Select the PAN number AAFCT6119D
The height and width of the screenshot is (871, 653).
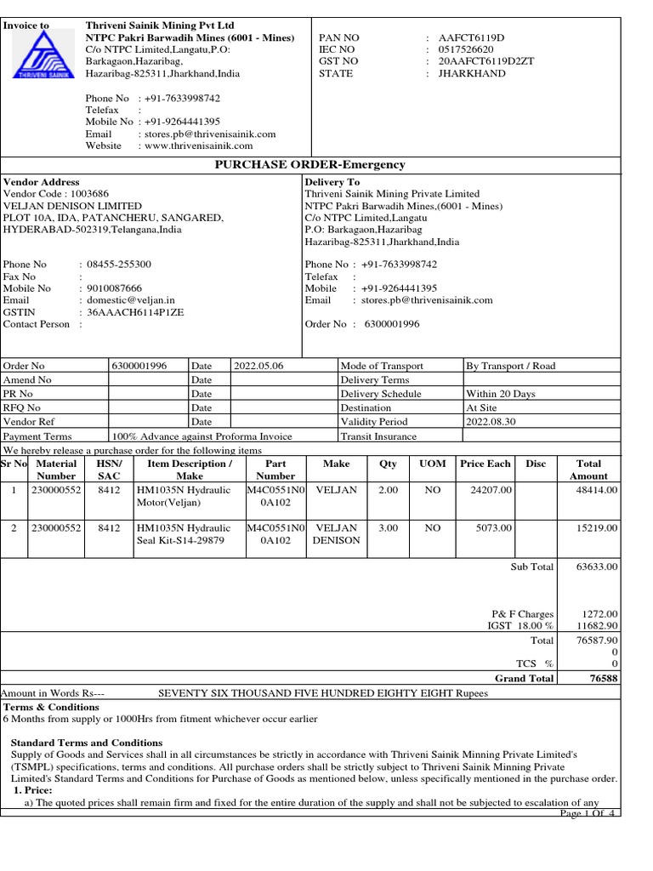pos(471,38)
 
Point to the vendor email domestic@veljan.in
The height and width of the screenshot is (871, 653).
pos(127,300)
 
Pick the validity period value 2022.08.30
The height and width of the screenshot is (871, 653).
pos(491,422)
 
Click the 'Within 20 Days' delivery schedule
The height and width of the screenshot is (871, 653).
pos(501,394)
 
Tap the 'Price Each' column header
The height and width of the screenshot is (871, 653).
pos(485,464)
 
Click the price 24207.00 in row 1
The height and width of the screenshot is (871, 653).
pos(491,491)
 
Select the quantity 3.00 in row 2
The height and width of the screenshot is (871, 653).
pos(388,528)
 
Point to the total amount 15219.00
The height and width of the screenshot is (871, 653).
pos(597,528)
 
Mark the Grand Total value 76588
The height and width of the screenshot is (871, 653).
pos(603,678)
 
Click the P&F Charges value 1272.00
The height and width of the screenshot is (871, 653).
pos(599,613)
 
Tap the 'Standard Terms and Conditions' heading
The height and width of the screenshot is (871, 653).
pos(87,743)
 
